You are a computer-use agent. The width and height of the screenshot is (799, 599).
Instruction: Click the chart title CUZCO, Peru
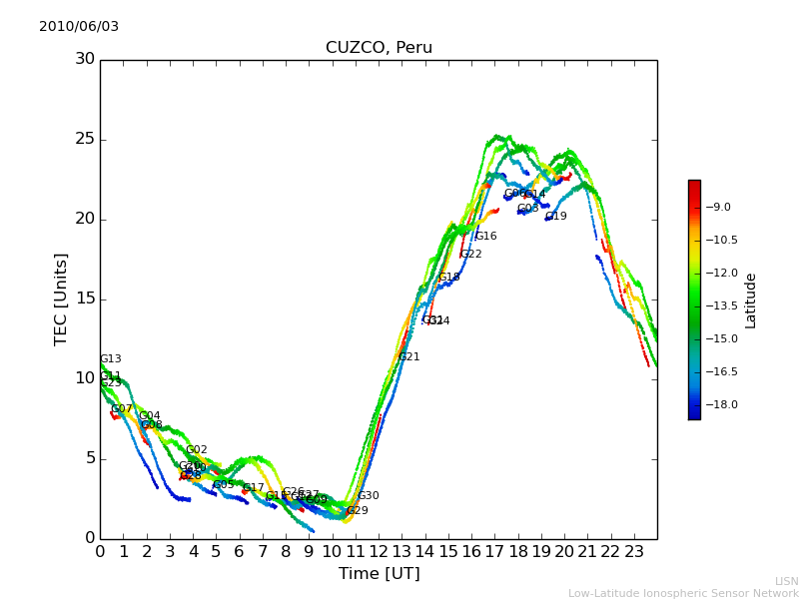pyautogui.click(x=379, y=48)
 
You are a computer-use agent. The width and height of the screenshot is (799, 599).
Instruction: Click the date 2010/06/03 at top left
pyautogui.click(x=79, y=27)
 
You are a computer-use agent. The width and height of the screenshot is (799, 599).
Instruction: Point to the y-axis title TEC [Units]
pyautogui.click(x=62, y=299)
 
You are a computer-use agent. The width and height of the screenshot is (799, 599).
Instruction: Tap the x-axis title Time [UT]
pyautogui.click(x=379, y=574)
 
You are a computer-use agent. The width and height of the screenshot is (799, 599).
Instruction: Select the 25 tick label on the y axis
pyautogui.click(x=85, y=139)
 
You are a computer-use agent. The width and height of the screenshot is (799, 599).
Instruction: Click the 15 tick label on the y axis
pyautogui.click(x=85, y=299)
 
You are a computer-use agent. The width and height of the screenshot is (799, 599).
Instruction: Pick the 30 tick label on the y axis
pyautogui.click(x=85, y=59)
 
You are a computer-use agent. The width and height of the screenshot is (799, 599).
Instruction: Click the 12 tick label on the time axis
pyautogui.click(x=379, y=550)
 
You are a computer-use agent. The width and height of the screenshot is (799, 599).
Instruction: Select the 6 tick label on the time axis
pyautogui.click(x=240, y=550)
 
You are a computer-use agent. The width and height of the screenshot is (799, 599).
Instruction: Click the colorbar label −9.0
pyautogui.click(x=719, y=208)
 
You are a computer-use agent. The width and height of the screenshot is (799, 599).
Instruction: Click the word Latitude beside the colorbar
pyautogui.click(x=751, y=300)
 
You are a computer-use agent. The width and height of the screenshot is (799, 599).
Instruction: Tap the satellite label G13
pyautogui.click(x=110, y=359)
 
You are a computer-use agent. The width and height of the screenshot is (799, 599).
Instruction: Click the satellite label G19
pyautogui.click(x=555, y=217)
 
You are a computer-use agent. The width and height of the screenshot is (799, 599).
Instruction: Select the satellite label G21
pyautogui.click(x=409, y=357)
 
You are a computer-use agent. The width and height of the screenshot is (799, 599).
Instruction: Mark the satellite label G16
pyautogui.click(x=485, y=237)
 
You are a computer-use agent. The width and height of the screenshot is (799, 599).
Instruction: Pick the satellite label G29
pyautogui.click(x=357, y=511)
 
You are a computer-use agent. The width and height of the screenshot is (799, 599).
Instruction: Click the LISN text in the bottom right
pyautogui.click(x=786, y=581)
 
